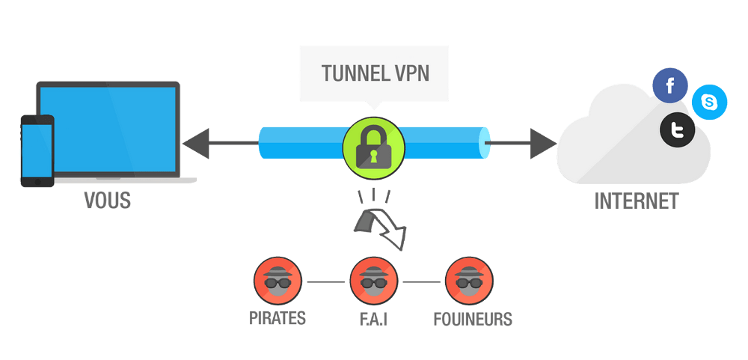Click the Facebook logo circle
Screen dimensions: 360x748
pos(670,85)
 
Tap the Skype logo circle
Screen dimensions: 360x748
pos(709,102)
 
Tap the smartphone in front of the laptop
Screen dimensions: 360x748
pos(37,150)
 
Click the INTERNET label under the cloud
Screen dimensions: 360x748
pos(637,201)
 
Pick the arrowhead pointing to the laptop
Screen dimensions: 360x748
pos(196,143)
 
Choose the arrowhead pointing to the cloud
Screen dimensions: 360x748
pos(543,143)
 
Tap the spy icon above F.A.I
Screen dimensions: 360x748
pos(373,281)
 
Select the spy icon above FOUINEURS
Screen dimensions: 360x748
pos(469,281)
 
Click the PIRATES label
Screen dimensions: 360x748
pos(278,319)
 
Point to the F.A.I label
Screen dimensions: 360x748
pos(373,319)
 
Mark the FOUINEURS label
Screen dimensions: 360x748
pos(473,319)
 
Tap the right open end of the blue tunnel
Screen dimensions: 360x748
pos(487,143)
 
